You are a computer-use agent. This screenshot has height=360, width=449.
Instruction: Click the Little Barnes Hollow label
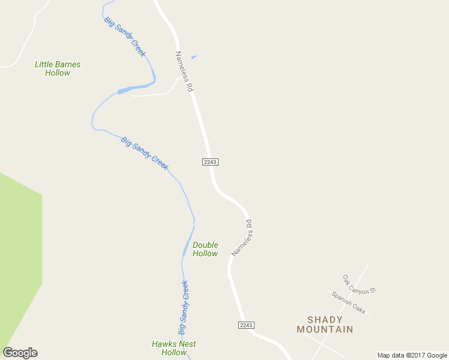57,68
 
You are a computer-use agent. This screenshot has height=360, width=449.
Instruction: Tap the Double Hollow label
205,249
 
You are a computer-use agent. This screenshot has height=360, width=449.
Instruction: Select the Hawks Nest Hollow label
174,348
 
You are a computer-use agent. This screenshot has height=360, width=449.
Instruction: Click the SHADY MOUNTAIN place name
325,325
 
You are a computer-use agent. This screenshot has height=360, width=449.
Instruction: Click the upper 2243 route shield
210,162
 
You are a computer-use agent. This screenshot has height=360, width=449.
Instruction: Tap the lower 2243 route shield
246,325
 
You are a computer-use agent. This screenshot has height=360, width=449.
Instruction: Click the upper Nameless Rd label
184,71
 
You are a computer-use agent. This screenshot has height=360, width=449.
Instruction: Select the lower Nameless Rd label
243,238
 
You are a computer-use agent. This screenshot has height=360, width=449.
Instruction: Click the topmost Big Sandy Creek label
125,37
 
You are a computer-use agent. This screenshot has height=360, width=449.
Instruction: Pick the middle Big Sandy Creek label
144,153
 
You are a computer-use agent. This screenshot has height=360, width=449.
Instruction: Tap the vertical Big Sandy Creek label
184,307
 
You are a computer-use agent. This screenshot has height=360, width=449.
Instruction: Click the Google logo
20,353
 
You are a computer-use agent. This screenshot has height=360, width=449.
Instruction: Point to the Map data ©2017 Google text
412,355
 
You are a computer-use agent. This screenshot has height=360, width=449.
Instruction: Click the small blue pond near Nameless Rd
193,58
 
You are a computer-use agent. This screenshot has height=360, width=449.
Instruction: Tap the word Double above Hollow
205,245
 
